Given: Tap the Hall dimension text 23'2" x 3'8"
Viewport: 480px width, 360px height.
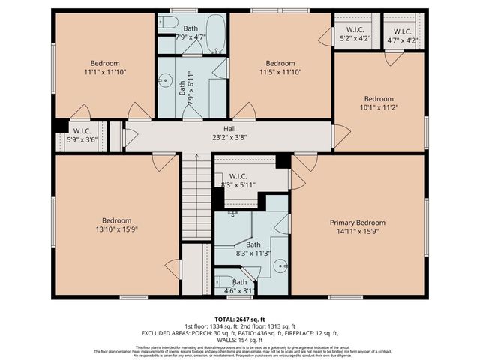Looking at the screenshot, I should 230,138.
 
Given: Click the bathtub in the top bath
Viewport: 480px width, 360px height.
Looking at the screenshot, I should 216,34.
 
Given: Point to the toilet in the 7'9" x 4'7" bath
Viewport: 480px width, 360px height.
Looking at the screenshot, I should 169,22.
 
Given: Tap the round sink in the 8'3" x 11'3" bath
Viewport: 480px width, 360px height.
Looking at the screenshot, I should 280,265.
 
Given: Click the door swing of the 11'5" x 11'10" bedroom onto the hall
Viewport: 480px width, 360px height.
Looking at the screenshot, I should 245,112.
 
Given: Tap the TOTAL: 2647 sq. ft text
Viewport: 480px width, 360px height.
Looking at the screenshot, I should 240,319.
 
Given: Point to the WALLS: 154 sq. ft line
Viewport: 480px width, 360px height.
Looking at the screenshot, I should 240,340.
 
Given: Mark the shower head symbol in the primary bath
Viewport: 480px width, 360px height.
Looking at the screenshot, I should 233,213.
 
